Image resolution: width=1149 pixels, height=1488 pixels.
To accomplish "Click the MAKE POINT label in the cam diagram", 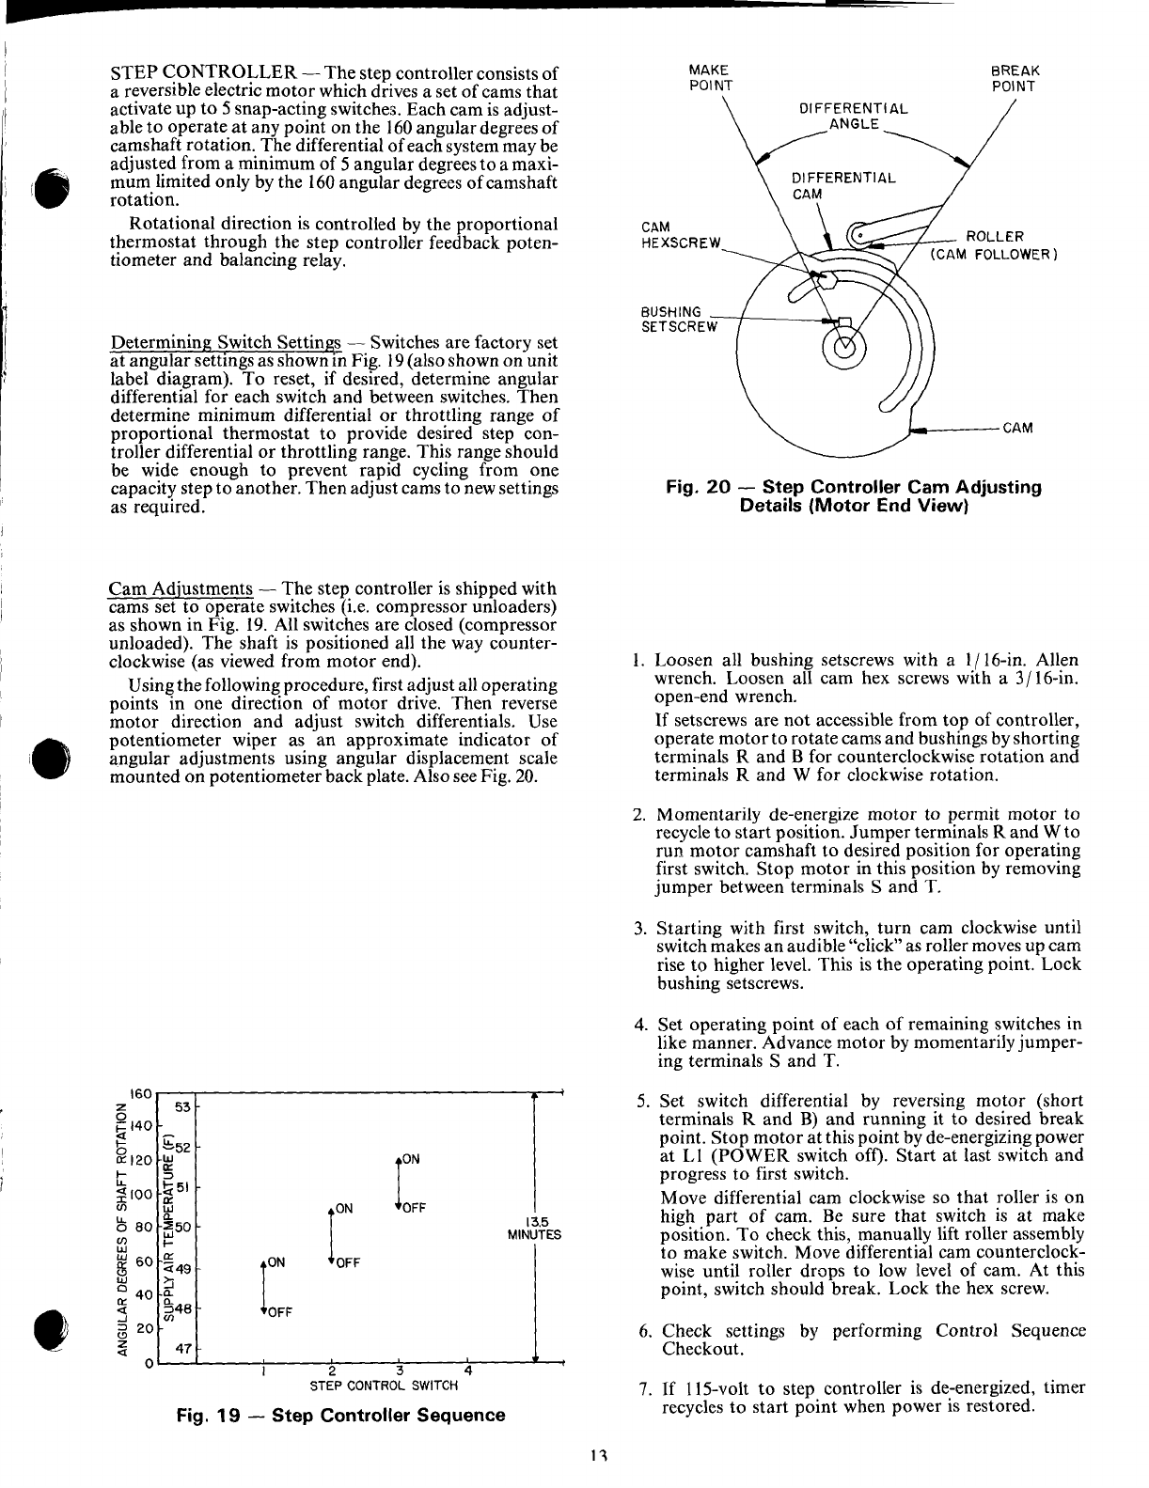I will click(710, 78).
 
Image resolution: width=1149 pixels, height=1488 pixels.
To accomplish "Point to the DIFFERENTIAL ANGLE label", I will click(853, 116).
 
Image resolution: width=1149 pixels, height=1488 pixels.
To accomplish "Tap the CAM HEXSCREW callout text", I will click(680, 235).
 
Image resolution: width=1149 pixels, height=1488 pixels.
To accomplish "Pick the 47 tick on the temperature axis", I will click(185, 1349).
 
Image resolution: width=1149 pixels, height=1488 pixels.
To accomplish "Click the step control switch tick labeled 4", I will click(467, 1370).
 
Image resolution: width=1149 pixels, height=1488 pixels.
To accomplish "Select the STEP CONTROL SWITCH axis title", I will click(384, 1385).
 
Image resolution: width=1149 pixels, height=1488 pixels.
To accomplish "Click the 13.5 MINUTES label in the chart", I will click(534, 1227).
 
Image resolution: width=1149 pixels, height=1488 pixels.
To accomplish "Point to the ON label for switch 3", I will click(411, 1158).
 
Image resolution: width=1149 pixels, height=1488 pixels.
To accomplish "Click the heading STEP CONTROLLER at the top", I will click(205, 73).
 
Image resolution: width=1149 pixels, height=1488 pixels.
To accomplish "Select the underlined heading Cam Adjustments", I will click(181, 589).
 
